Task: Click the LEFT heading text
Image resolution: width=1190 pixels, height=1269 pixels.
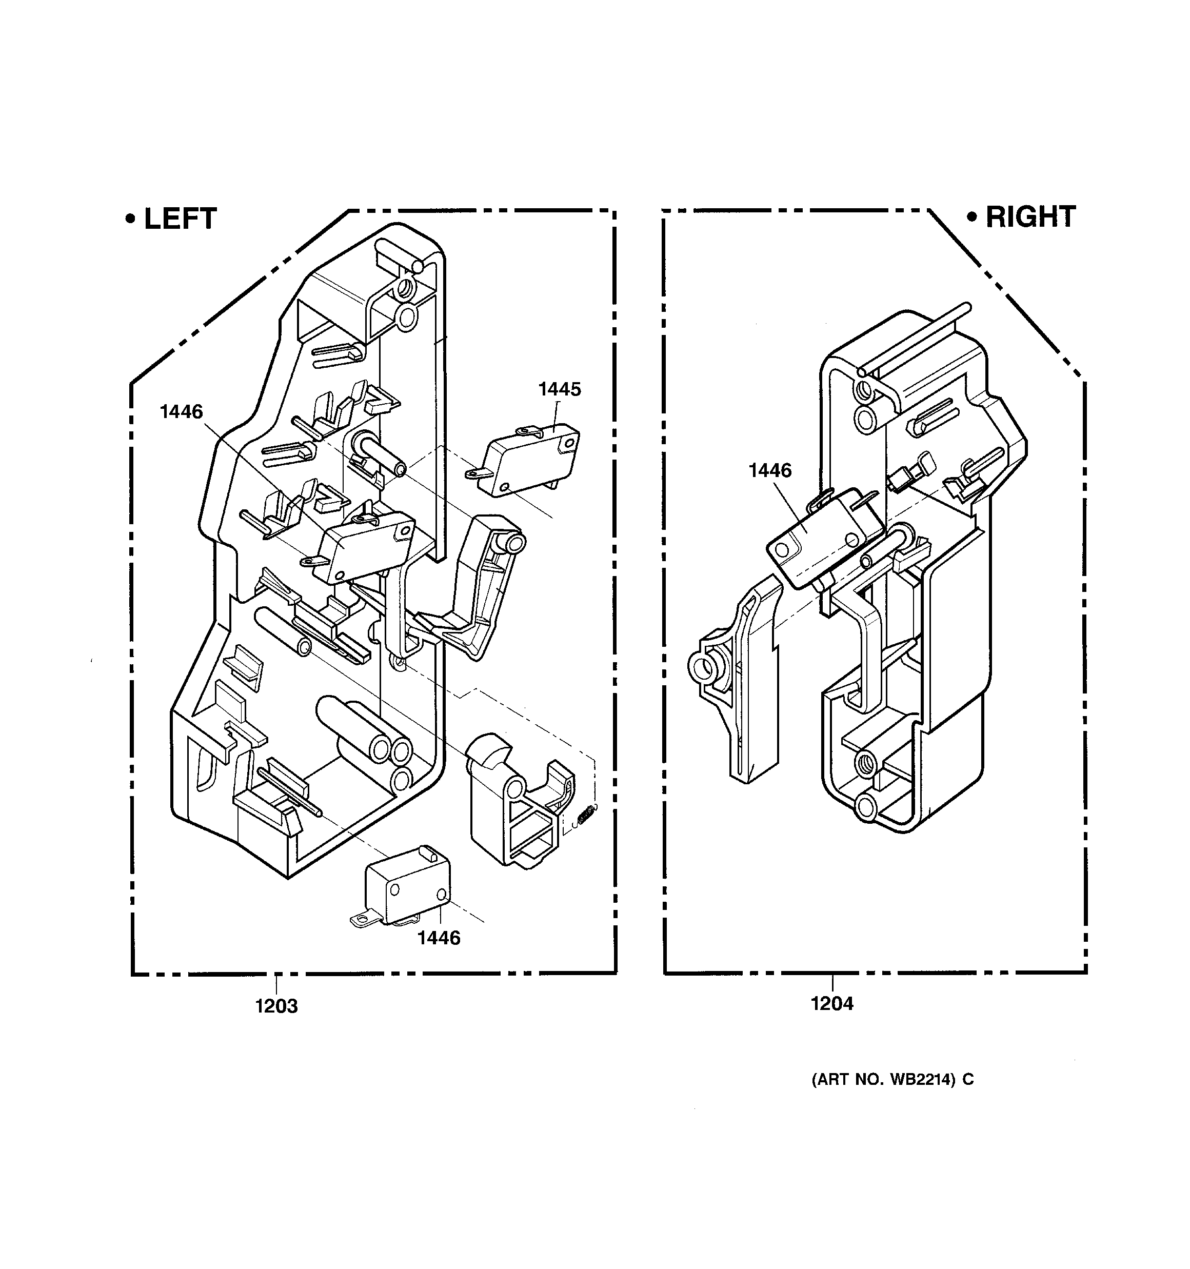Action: (x=181, y=219)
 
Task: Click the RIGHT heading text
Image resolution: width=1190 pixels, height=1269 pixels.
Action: (x=1030, y=217)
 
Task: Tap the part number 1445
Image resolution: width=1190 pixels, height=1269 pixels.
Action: (x=559, y=389)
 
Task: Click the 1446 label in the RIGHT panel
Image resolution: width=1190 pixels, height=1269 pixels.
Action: (x=770, y=470)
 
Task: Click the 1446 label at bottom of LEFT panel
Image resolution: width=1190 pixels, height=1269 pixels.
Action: (x=439, y=938)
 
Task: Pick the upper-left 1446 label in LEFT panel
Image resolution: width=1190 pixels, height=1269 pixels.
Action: (x=181, y=412)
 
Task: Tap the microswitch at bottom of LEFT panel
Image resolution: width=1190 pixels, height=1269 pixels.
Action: (x=402, y=886)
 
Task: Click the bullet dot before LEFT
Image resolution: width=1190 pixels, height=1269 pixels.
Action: (x=131, y=219)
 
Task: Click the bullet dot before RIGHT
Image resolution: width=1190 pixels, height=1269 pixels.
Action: (x=973, y=217)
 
